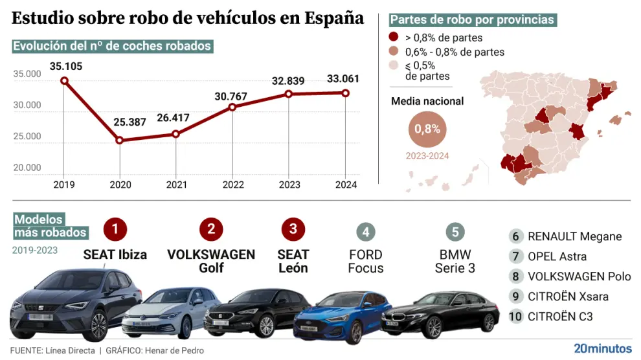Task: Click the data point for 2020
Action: (120, 140)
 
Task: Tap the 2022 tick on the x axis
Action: (233, 185)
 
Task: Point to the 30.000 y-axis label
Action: (27, 106)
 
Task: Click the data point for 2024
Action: (345, 93)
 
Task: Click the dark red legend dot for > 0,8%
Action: (394, 38)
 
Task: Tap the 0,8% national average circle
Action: (427, 128)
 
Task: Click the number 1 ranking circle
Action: (115, 229)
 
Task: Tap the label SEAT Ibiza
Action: (115, 254)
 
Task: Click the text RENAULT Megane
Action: (574, 236)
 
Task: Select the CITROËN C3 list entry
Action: (560, 317)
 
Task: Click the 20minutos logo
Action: (602, 348)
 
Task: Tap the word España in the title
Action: (331, 17)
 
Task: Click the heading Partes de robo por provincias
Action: (473, 19)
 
